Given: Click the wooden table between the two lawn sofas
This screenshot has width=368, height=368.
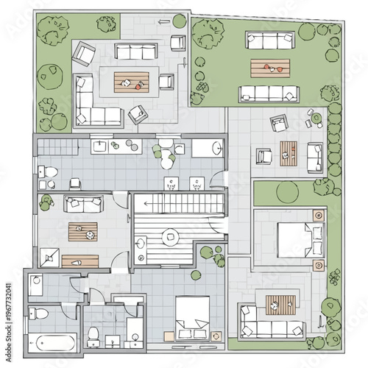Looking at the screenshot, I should point(270,68).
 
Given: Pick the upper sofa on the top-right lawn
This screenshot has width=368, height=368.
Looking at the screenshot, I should point(270,40).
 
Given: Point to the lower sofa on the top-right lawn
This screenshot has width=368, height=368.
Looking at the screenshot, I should point(269,93).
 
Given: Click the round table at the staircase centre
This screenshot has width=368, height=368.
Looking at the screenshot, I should point(170,236).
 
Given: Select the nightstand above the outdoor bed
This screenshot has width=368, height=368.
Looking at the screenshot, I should point(318,216).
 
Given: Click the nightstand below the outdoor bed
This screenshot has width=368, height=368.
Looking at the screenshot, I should point(318,265).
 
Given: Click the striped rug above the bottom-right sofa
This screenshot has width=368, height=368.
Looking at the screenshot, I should point(281,302).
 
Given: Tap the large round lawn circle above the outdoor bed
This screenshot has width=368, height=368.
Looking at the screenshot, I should point(286,193).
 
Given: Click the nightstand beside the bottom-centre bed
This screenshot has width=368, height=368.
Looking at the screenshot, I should point(216,336).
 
